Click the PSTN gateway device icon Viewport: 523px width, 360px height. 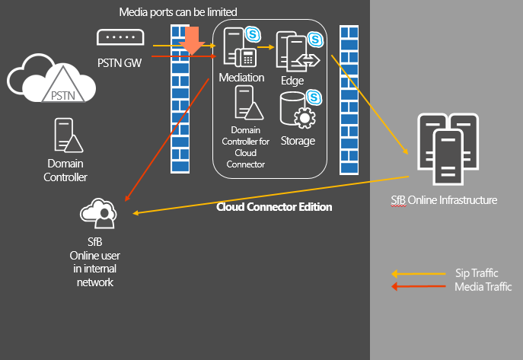pyautogui.click(x=120, y=37)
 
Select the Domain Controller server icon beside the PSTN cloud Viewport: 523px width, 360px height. pyautogui.click(x=65, y=135)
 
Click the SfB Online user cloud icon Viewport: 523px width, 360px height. pyautogui.click(x=100, y=212)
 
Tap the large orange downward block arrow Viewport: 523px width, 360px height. pyautogui.click(x=193, y=40)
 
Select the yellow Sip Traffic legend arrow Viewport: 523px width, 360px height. pyautogui.click(x=418, y=273)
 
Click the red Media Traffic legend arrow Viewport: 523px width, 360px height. pyautogui.click(x=418, y=286)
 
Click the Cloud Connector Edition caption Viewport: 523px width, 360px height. pyautogui.click(x=274, y=206)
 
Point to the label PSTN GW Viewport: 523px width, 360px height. pyautogui.click(x=120, y=61)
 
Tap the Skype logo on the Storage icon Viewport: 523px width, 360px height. pyautogui.click(x=312, y=97)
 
